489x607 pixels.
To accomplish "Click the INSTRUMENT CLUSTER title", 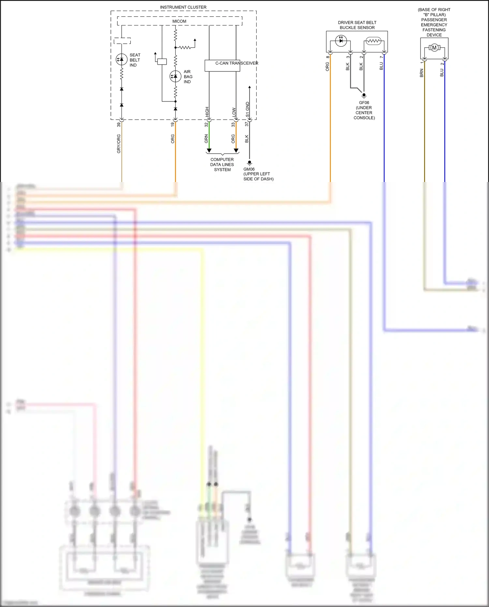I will [183, 7].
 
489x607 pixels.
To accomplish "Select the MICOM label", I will [179, 21].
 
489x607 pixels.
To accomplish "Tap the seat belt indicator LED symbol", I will [122, 59].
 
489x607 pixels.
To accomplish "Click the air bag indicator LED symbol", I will [175, 76].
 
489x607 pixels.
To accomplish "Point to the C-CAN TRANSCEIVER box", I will [222, 65].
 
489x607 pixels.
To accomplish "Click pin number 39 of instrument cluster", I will [119, 124].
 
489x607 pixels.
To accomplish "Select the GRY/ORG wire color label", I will [119, 144].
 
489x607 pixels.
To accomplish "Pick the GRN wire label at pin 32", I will [206, 139].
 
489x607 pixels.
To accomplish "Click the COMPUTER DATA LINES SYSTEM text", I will [222, 164].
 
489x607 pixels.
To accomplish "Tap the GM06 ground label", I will [249, 169].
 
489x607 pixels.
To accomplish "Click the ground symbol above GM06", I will [249, 162].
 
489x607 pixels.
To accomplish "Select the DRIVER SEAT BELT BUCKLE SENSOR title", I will [357, 25].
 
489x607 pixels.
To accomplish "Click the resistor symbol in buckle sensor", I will [373, 41].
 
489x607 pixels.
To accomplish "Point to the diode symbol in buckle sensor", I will [341, 41].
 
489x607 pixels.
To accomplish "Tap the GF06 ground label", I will [364, 102].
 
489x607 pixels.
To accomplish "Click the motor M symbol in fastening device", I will [434, 48].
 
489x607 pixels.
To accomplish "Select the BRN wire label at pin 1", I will [422, 73].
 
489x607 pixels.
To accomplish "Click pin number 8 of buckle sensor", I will [327, 57].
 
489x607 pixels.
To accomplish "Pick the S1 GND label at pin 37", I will [247, 110].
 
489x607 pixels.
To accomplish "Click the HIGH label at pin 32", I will [207, 112].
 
